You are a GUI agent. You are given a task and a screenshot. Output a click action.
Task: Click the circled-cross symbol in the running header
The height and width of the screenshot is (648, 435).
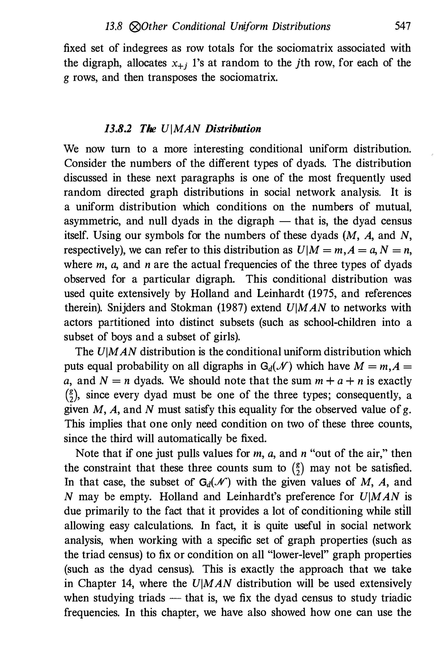[134, 27]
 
